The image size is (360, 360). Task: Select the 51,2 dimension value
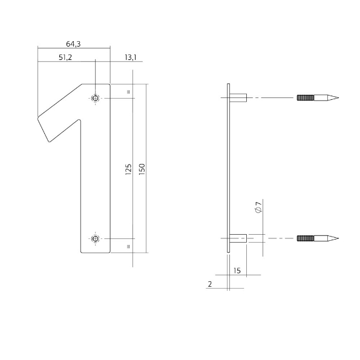click(x=66, y=57)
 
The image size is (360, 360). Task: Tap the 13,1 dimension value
click(x=130, y=57)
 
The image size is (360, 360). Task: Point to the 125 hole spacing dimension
click(x=128, y=169)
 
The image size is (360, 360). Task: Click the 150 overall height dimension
click(x=142, y=169)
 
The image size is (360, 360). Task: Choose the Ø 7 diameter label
click(x=258, y=207)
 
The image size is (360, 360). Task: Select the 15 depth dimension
click(x=237, y=271)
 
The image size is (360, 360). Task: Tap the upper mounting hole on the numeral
click(x=95, y=98)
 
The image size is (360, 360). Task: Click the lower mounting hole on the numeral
click(x=95, y=238)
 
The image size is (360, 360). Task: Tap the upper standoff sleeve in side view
click(x=240, y=98)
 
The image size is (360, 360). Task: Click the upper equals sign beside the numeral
click(x=129, y=91)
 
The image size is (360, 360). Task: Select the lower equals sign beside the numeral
click(x=129, y=247)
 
